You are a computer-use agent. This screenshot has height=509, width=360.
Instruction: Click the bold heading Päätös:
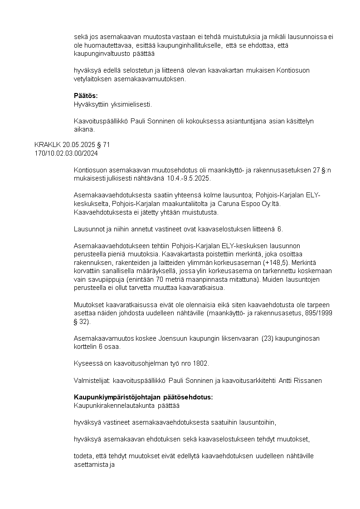[86, 96]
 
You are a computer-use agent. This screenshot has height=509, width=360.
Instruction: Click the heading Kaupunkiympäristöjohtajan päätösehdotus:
[143, 397]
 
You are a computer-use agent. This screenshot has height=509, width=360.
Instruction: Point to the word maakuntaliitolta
[177, 203]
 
